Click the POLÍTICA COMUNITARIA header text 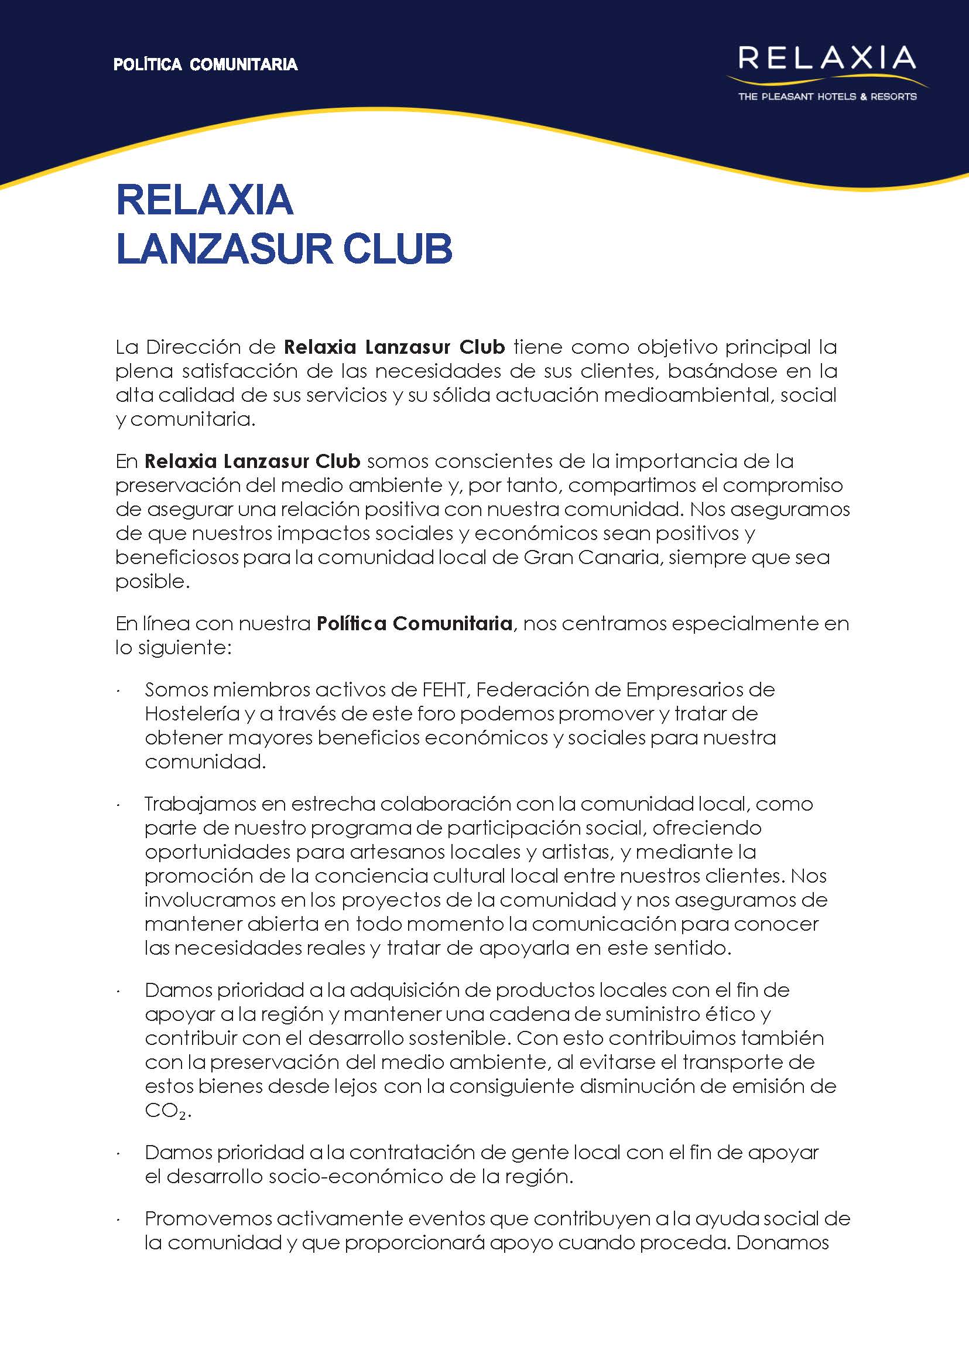[x=206, y=64]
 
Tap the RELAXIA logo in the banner [x=826, y=59]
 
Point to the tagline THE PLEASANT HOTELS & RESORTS [x=827, y=96]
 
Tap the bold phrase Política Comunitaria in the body [x=414, y=623]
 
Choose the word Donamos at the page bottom [x=782, y=1242]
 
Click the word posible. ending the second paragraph [x=152, y=581]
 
